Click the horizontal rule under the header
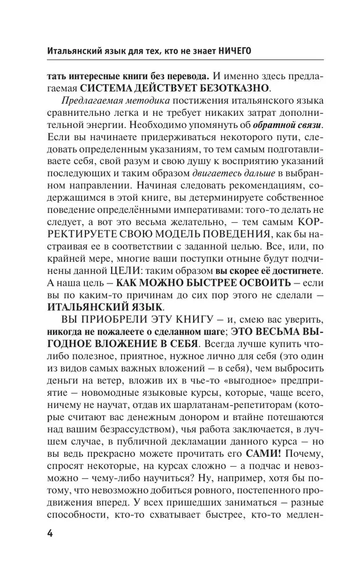coord(180,62)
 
